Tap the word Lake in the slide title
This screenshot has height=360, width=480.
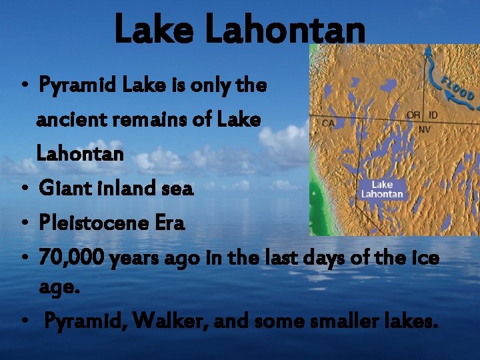[153, 30]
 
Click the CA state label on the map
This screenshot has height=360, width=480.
[328, 123]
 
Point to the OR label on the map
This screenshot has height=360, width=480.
[413, 115]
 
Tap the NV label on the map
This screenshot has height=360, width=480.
[424, 129]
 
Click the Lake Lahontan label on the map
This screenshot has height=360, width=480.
[382, 189]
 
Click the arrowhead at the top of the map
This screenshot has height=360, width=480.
[427, 50]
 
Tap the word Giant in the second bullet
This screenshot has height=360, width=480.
[61, 189]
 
